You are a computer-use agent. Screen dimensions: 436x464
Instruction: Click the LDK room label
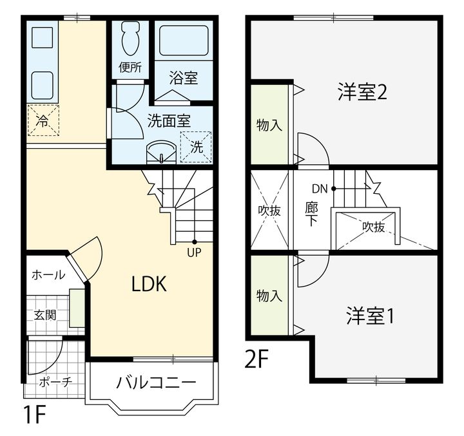pos(149,284)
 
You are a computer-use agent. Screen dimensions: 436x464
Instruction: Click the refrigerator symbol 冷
pos(43,120)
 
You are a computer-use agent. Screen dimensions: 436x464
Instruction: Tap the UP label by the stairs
pos(193,252)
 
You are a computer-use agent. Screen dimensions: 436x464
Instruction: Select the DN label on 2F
pos(320,189)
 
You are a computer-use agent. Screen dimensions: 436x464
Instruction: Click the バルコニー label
pos(156,383)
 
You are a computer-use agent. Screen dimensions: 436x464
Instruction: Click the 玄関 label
pos(45,315)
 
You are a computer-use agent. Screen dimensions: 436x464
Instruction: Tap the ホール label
pos(48,275)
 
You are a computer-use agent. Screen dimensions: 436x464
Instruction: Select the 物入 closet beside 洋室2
pos(269,124)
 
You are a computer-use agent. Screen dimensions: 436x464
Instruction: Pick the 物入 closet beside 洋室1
pos(269,296)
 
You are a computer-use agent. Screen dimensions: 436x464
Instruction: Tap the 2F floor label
pos(256,358)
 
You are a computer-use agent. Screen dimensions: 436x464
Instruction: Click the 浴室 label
pos(183,78)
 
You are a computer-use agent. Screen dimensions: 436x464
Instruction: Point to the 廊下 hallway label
pos(311,214)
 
